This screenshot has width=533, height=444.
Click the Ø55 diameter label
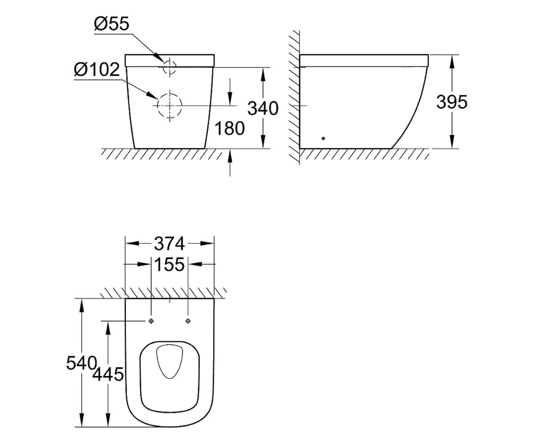[112, 24]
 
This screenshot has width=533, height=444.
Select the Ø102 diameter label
[97, 69]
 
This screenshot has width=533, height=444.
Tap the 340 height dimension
[263, 108]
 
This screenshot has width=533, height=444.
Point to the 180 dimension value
[230, 128]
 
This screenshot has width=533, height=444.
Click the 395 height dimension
[452, 102]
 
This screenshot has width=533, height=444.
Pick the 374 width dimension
[170, 243]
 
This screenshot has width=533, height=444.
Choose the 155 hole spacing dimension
[170, 264]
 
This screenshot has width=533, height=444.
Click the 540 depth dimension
[82, 363]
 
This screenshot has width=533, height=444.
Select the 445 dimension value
[108, 374]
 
